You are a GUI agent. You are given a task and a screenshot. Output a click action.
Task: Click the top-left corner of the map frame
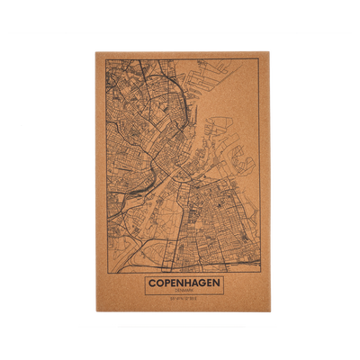[x=106, y=61]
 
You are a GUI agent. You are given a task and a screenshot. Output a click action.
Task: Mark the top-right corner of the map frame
[x=260, y=61]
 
